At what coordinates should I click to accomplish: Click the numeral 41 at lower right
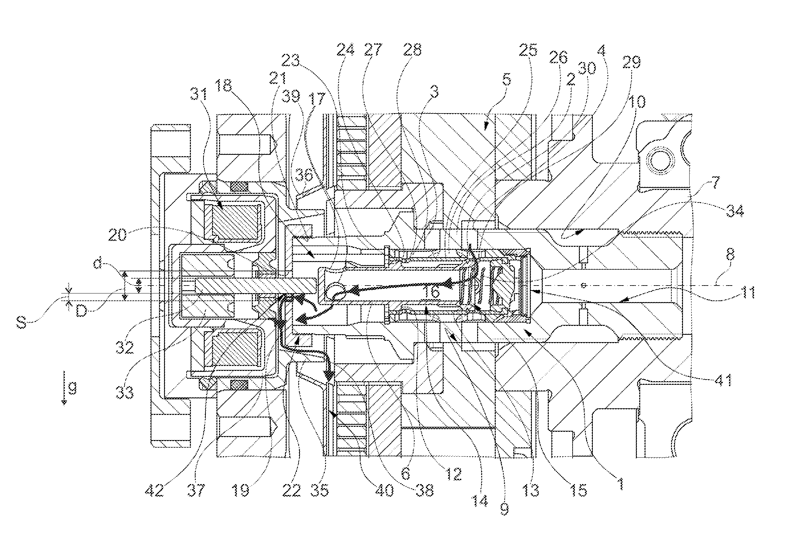pyautogui.click(x=722, y=380)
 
